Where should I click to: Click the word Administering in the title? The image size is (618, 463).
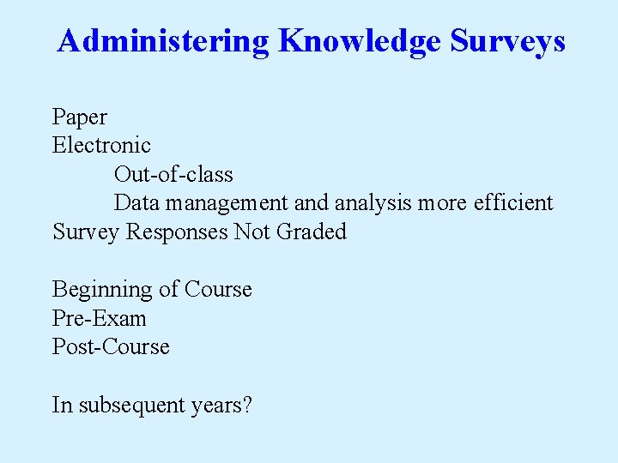(164, 40)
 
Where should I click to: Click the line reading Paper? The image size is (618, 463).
(80, 117)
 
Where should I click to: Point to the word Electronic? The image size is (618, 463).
(101, 146)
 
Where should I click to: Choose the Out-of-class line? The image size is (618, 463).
(173, 174)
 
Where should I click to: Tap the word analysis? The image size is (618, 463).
(373, 203)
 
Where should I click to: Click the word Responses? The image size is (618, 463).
(178, 231)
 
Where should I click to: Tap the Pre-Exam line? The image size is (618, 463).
(100, 319)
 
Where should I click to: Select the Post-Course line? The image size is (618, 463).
(111, 347)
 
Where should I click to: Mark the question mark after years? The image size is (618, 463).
(246, 405)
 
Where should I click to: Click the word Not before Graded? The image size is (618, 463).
(252, 231)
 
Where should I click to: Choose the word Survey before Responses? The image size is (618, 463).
(87, 232)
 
